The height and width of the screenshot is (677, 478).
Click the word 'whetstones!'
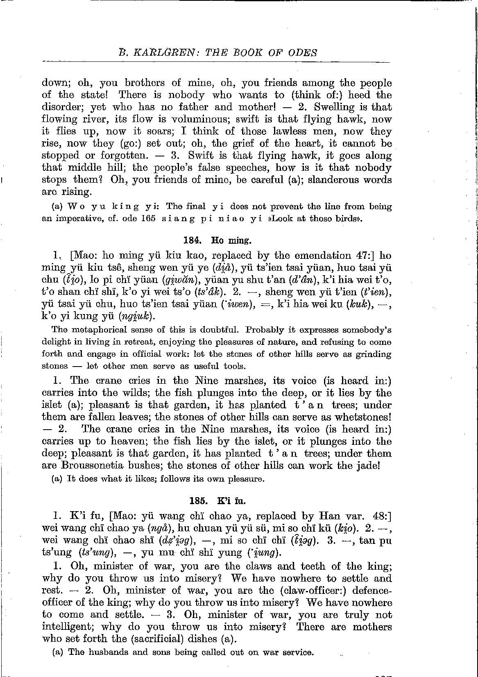coord(363,417)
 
